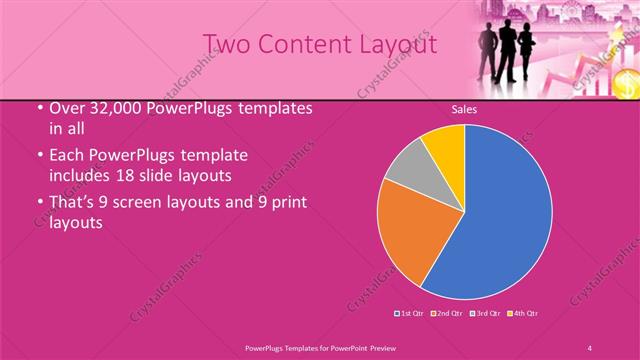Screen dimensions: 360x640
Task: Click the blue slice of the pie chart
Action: [500, 215]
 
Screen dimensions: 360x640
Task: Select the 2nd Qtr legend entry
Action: [447, 314]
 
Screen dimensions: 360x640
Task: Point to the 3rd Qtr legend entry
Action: [483, 314]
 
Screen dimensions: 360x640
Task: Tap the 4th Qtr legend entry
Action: [524, 314]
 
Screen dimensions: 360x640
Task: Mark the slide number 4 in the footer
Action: [591, 347]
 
